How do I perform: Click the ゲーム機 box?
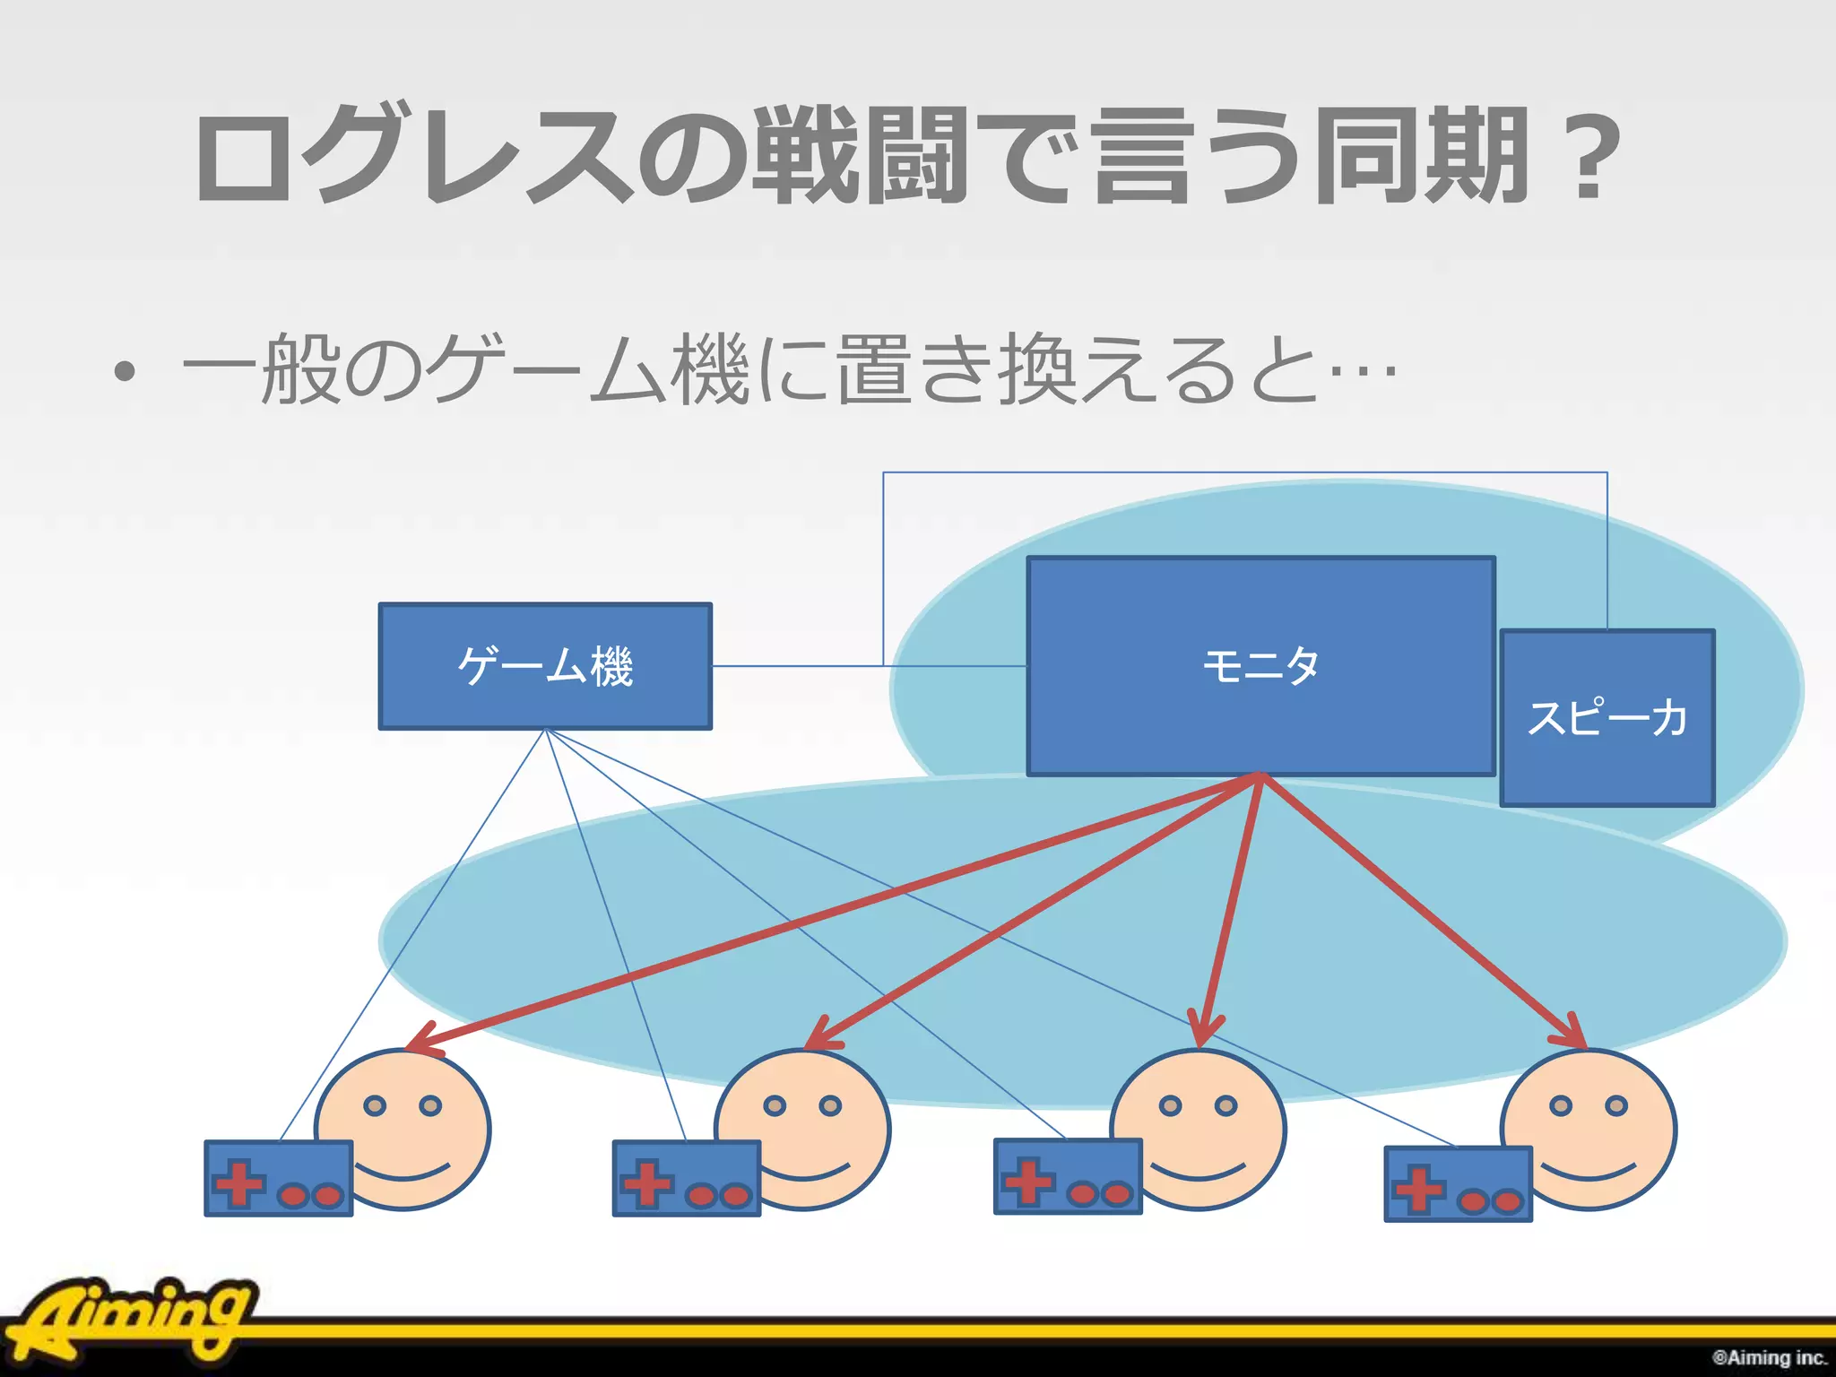545,666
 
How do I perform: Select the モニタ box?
1260,666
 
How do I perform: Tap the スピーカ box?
1606,718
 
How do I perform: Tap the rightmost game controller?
1458,1184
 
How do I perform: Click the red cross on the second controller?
647,1183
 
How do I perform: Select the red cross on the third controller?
1028,1181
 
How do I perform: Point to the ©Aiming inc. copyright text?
1769,1357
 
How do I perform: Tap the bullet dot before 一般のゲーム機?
126,371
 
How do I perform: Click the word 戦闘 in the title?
861,154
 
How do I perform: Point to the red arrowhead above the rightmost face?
1573,1034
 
